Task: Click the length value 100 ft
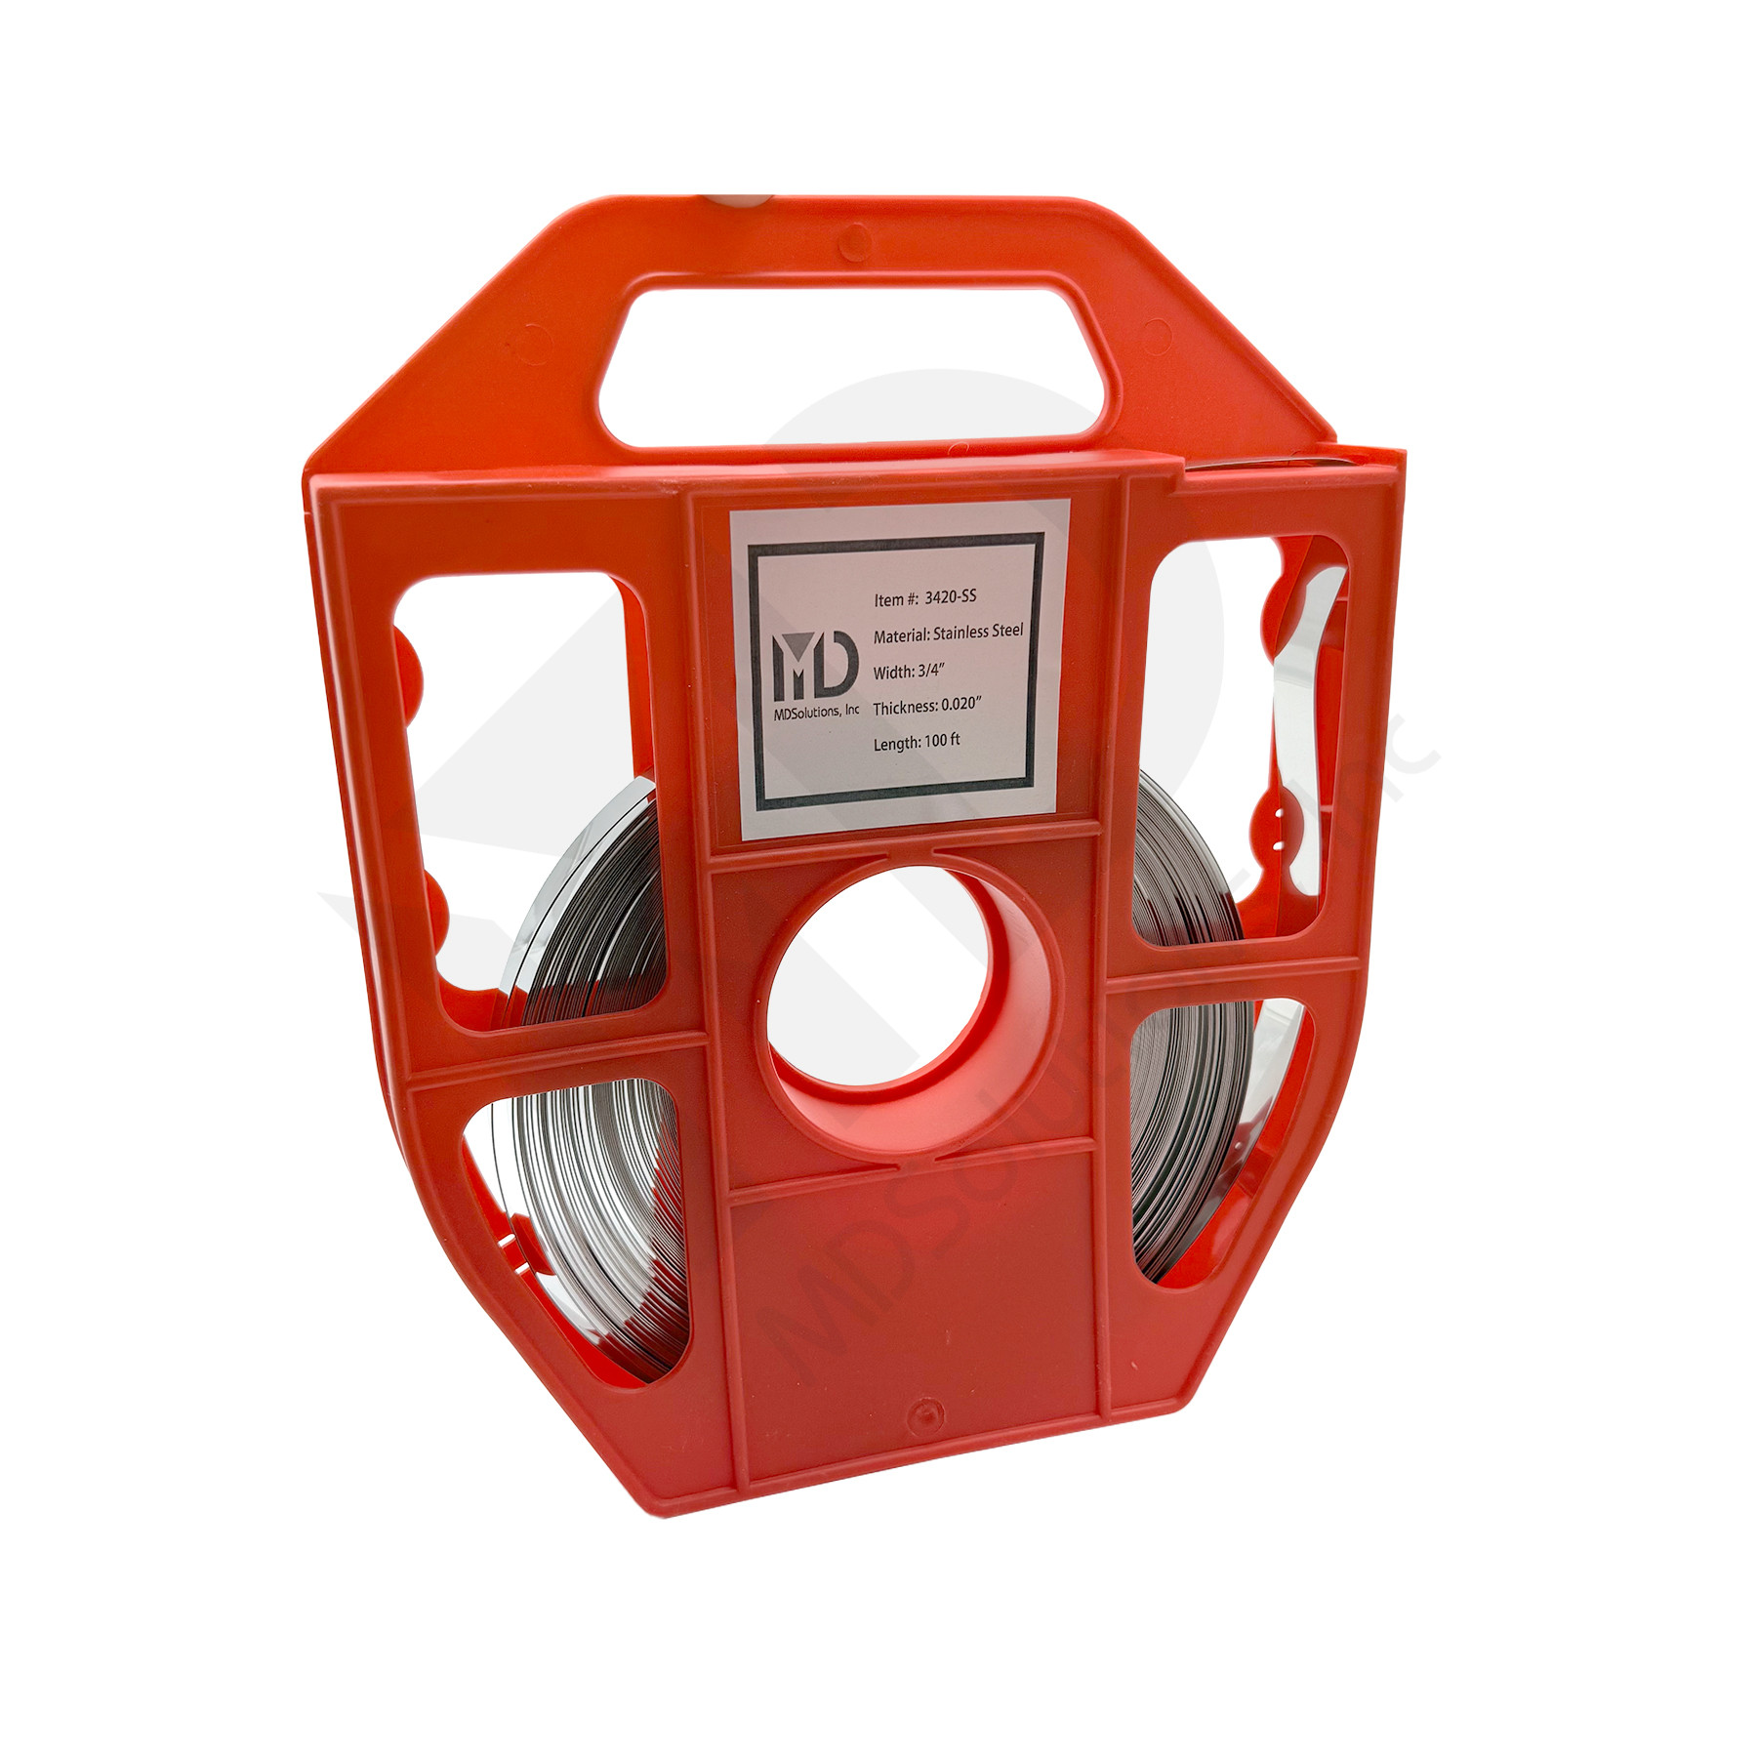point(940,742)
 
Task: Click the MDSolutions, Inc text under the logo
point(815,714)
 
